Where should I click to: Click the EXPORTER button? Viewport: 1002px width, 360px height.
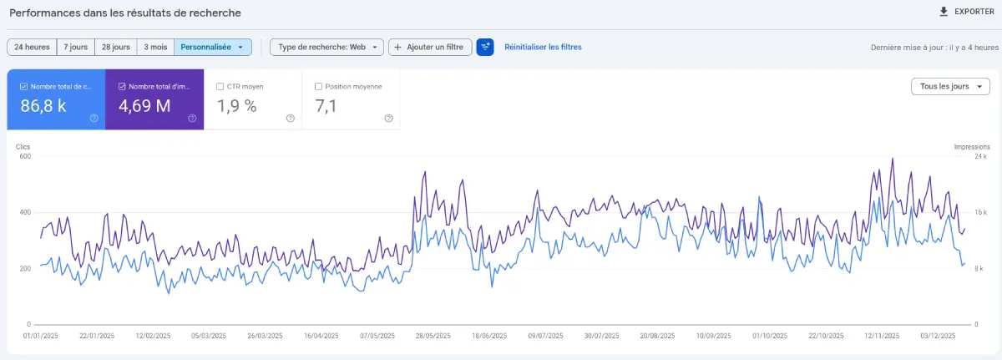click(966, 12)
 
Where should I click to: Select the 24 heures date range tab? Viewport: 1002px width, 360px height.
click(32, 48)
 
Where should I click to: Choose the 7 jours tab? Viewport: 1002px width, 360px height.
click(75, 48)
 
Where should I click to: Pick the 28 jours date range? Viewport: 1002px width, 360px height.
click(115, 48)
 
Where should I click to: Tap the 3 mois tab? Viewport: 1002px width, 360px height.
click(154, 48)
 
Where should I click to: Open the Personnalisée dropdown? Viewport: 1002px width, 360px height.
click(213, 48)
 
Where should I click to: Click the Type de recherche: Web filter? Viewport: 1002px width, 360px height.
click(327, 48)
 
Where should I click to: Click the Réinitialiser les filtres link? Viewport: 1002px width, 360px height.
click(543, 48)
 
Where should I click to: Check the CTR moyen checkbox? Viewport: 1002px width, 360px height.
click(220, 86)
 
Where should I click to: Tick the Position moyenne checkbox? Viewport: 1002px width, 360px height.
click(318, 86)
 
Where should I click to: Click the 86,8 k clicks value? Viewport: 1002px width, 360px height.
click(43, 105)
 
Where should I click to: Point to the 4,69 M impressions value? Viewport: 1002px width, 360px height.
click(144, 105)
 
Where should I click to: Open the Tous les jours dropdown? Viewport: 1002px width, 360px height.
click(949, 87)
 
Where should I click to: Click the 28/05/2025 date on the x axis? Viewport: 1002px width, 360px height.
click(433, 336)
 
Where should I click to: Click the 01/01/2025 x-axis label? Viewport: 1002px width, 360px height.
click(40, 336)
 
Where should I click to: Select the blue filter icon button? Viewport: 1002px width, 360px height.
click(485, 48)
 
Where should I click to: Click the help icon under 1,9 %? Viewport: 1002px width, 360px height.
click(290, 118)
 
